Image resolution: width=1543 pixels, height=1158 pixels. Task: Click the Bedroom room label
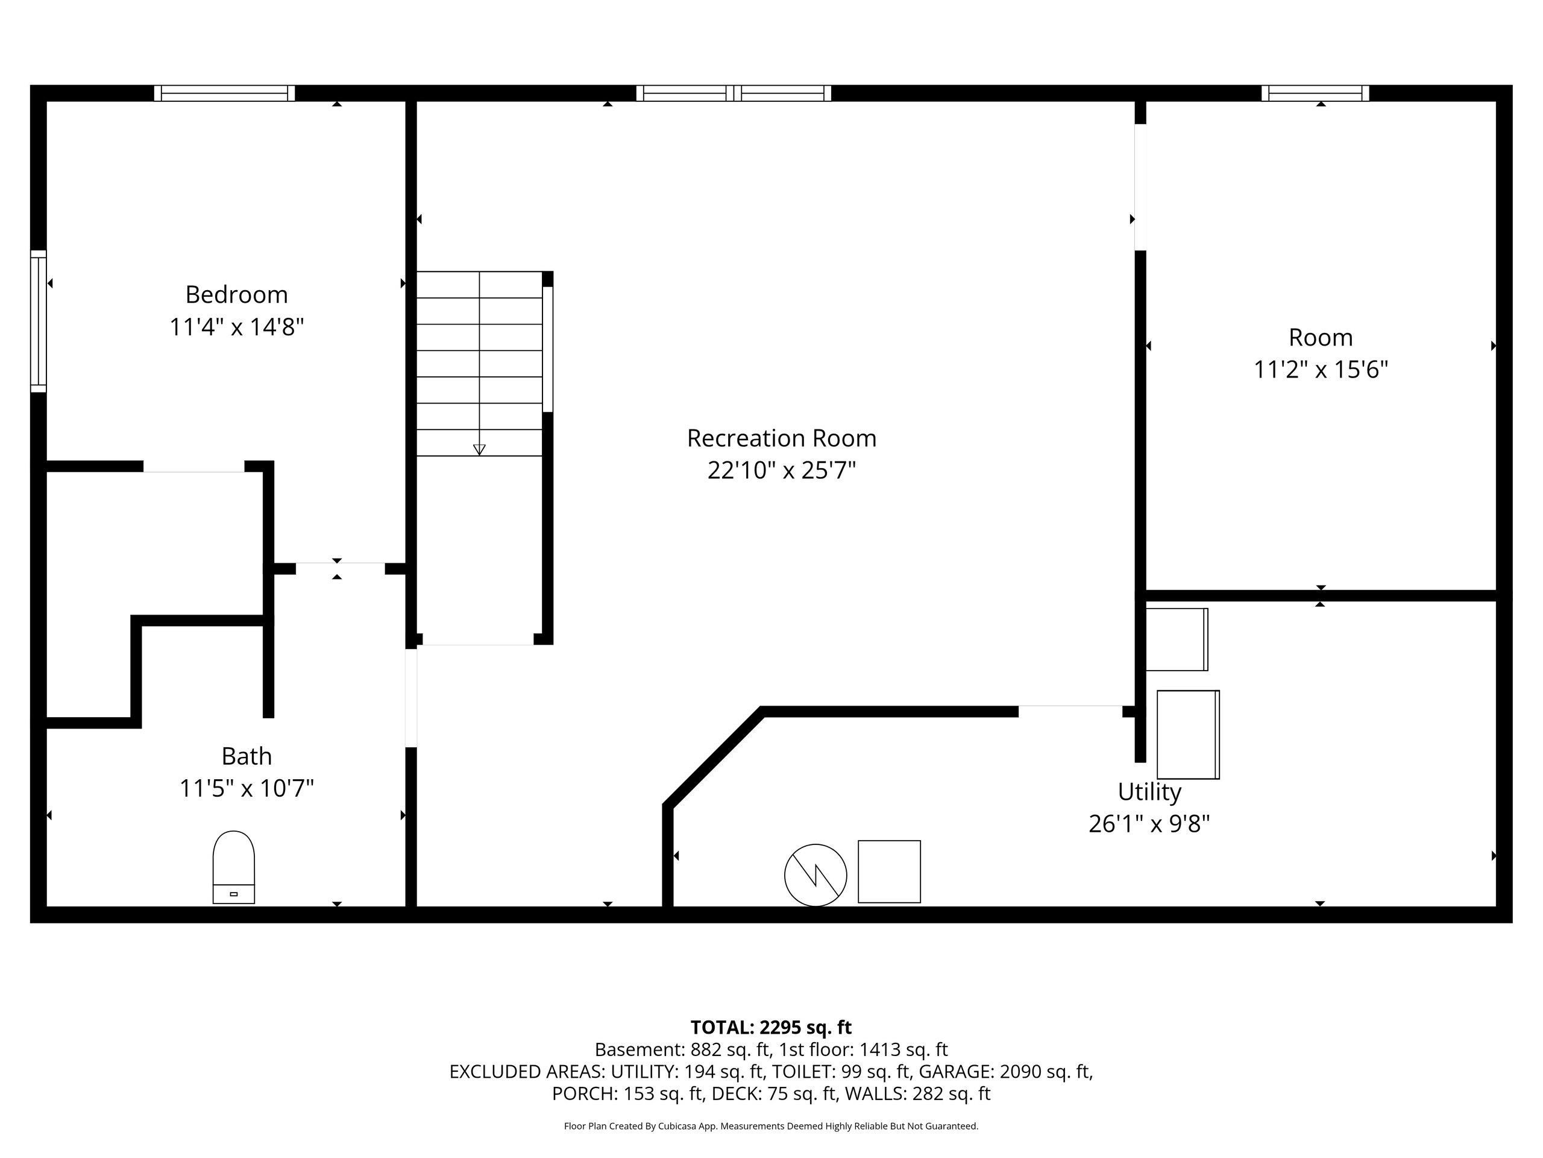pyautogui.click(x=236, y=294)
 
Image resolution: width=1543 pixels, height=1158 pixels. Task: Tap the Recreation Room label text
pyautogui.click(x=781, y=438)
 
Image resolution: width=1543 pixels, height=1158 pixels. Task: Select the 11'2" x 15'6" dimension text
pyautogui.click(x=1321, y=369)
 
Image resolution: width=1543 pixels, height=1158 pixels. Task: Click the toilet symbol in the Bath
pyautogui.click(x=234, y=867)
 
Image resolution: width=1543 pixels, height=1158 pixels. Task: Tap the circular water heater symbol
pyautogui.click(x=815, y=875)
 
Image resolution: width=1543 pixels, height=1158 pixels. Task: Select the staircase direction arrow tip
pyautogui.click(x=479, y=455)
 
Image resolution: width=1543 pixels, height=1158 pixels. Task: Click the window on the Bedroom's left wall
pyautogui.click(x=39, y=321)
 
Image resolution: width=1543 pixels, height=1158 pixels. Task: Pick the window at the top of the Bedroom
pyautogui.click(x=225, y=93)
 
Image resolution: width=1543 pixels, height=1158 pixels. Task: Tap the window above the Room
pyautogui.click(x=1315, y=93)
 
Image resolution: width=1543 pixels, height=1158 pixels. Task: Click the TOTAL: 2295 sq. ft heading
pyautogui.click(x=771, y=1028)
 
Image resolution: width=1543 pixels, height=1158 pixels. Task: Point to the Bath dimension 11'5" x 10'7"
pyautogui.click(x=247, y=789)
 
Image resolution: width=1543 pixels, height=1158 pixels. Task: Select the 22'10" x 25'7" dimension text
pyautogui.click(x=781, y=470)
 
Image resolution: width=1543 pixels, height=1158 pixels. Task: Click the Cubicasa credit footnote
pyautogui.click(x=771, y=1126)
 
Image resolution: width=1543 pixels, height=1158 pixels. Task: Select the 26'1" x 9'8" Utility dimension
pyautogui.click(x=1149, y=824)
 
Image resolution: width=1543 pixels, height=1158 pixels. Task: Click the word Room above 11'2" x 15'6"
pyautogui.click(x=1321, y=338)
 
